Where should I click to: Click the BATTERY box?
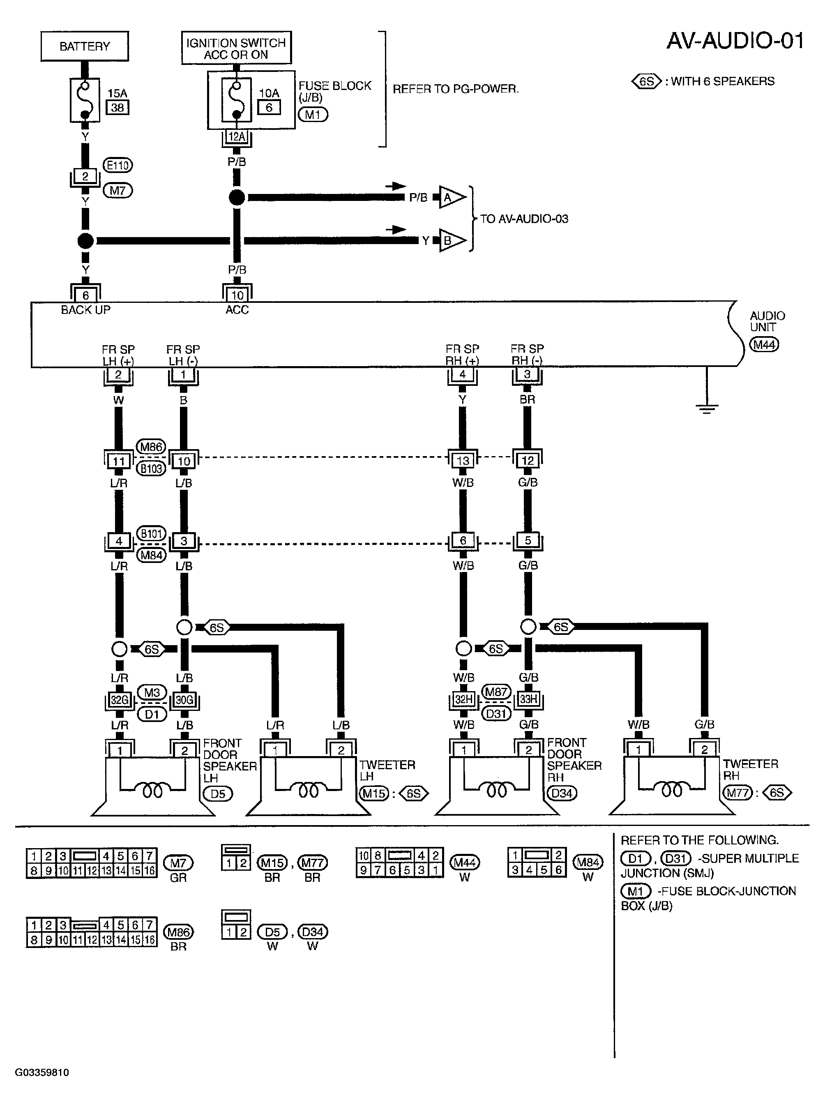click(84, 46)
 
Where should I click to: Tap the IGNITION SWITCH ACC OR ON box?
click(236, 48)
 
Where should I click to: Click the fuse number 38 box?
click(118, 107)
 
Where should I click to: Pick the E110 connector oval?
click(118, 165)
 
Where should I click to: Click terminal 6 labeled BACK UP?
click(85, 295)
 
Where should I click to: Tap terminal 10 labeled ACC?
click(237, 295)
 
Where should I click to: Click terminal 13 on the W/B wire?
click(463, 460)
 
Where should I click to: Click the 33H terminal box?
click(528, 699)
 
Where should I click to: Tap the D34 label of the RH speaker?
click(562, 793)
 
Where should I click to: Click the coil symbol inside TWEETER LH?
click(308, 791)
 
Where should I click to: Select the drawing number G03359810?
click(42, 1072)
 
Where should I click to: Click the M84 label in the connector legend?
click(588, 863)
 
